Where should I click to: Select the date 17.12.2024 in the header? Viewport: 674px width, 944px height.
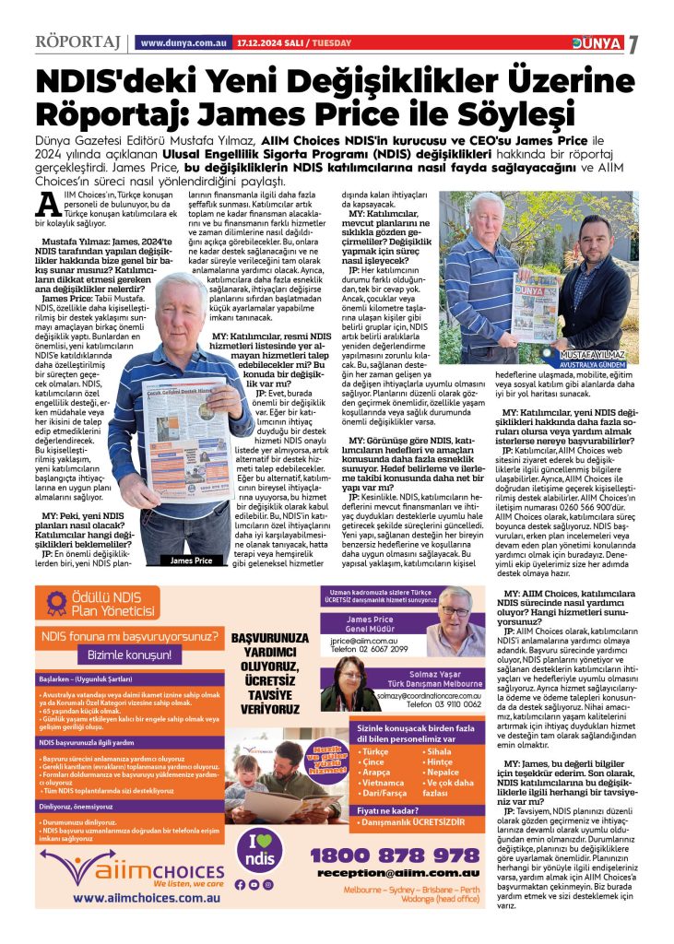257,43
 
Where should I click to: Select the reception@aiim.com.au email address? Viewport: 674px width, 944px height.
396,873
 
